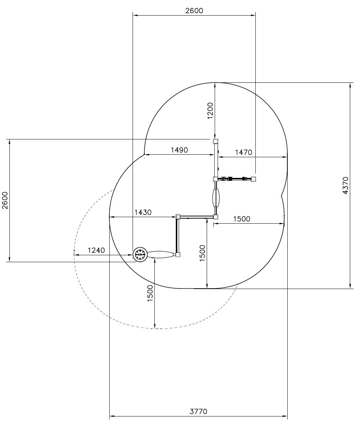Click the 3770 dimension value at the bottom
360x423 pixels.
(x=198, y=411)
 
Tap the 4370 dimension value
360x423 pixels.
(x=345, y=185)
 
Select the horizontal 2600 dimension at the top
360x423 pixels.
(x=194, y=11)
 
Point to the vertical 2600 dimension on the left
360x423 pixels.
(x=5, y=200)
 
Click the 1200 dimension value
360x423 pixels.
(x=210, y=111)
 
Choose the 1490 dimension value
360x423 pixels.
(x=179, y=150)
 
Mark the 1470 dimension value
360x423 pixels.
(x=243, y=152)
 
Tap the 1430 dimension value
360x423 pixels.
(x=143, y=212)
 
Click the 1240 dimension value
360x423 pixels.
(x=96, y=250)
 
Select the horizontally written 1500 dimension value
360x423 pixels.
(x=242, y=219)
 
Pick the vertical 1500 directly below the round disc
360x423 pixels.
(x=150, y=293)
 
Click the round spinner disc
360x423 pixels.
(x=140, y=254)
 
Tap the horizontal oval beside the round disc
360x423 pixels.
(x=161, y=255)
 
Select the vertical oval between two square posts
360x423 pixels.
(x=216, y=198)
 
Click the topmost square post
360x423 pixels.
(x=216, y=141)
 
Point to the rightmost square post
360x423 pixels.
(x=253, y=179)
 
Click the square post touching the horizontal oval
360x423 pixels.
(x=178, y=255)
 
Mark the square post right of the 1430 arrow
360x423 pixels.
(x=178, y=217)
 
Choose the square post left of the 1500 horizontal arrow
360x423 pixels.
(x=216, y=217)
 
